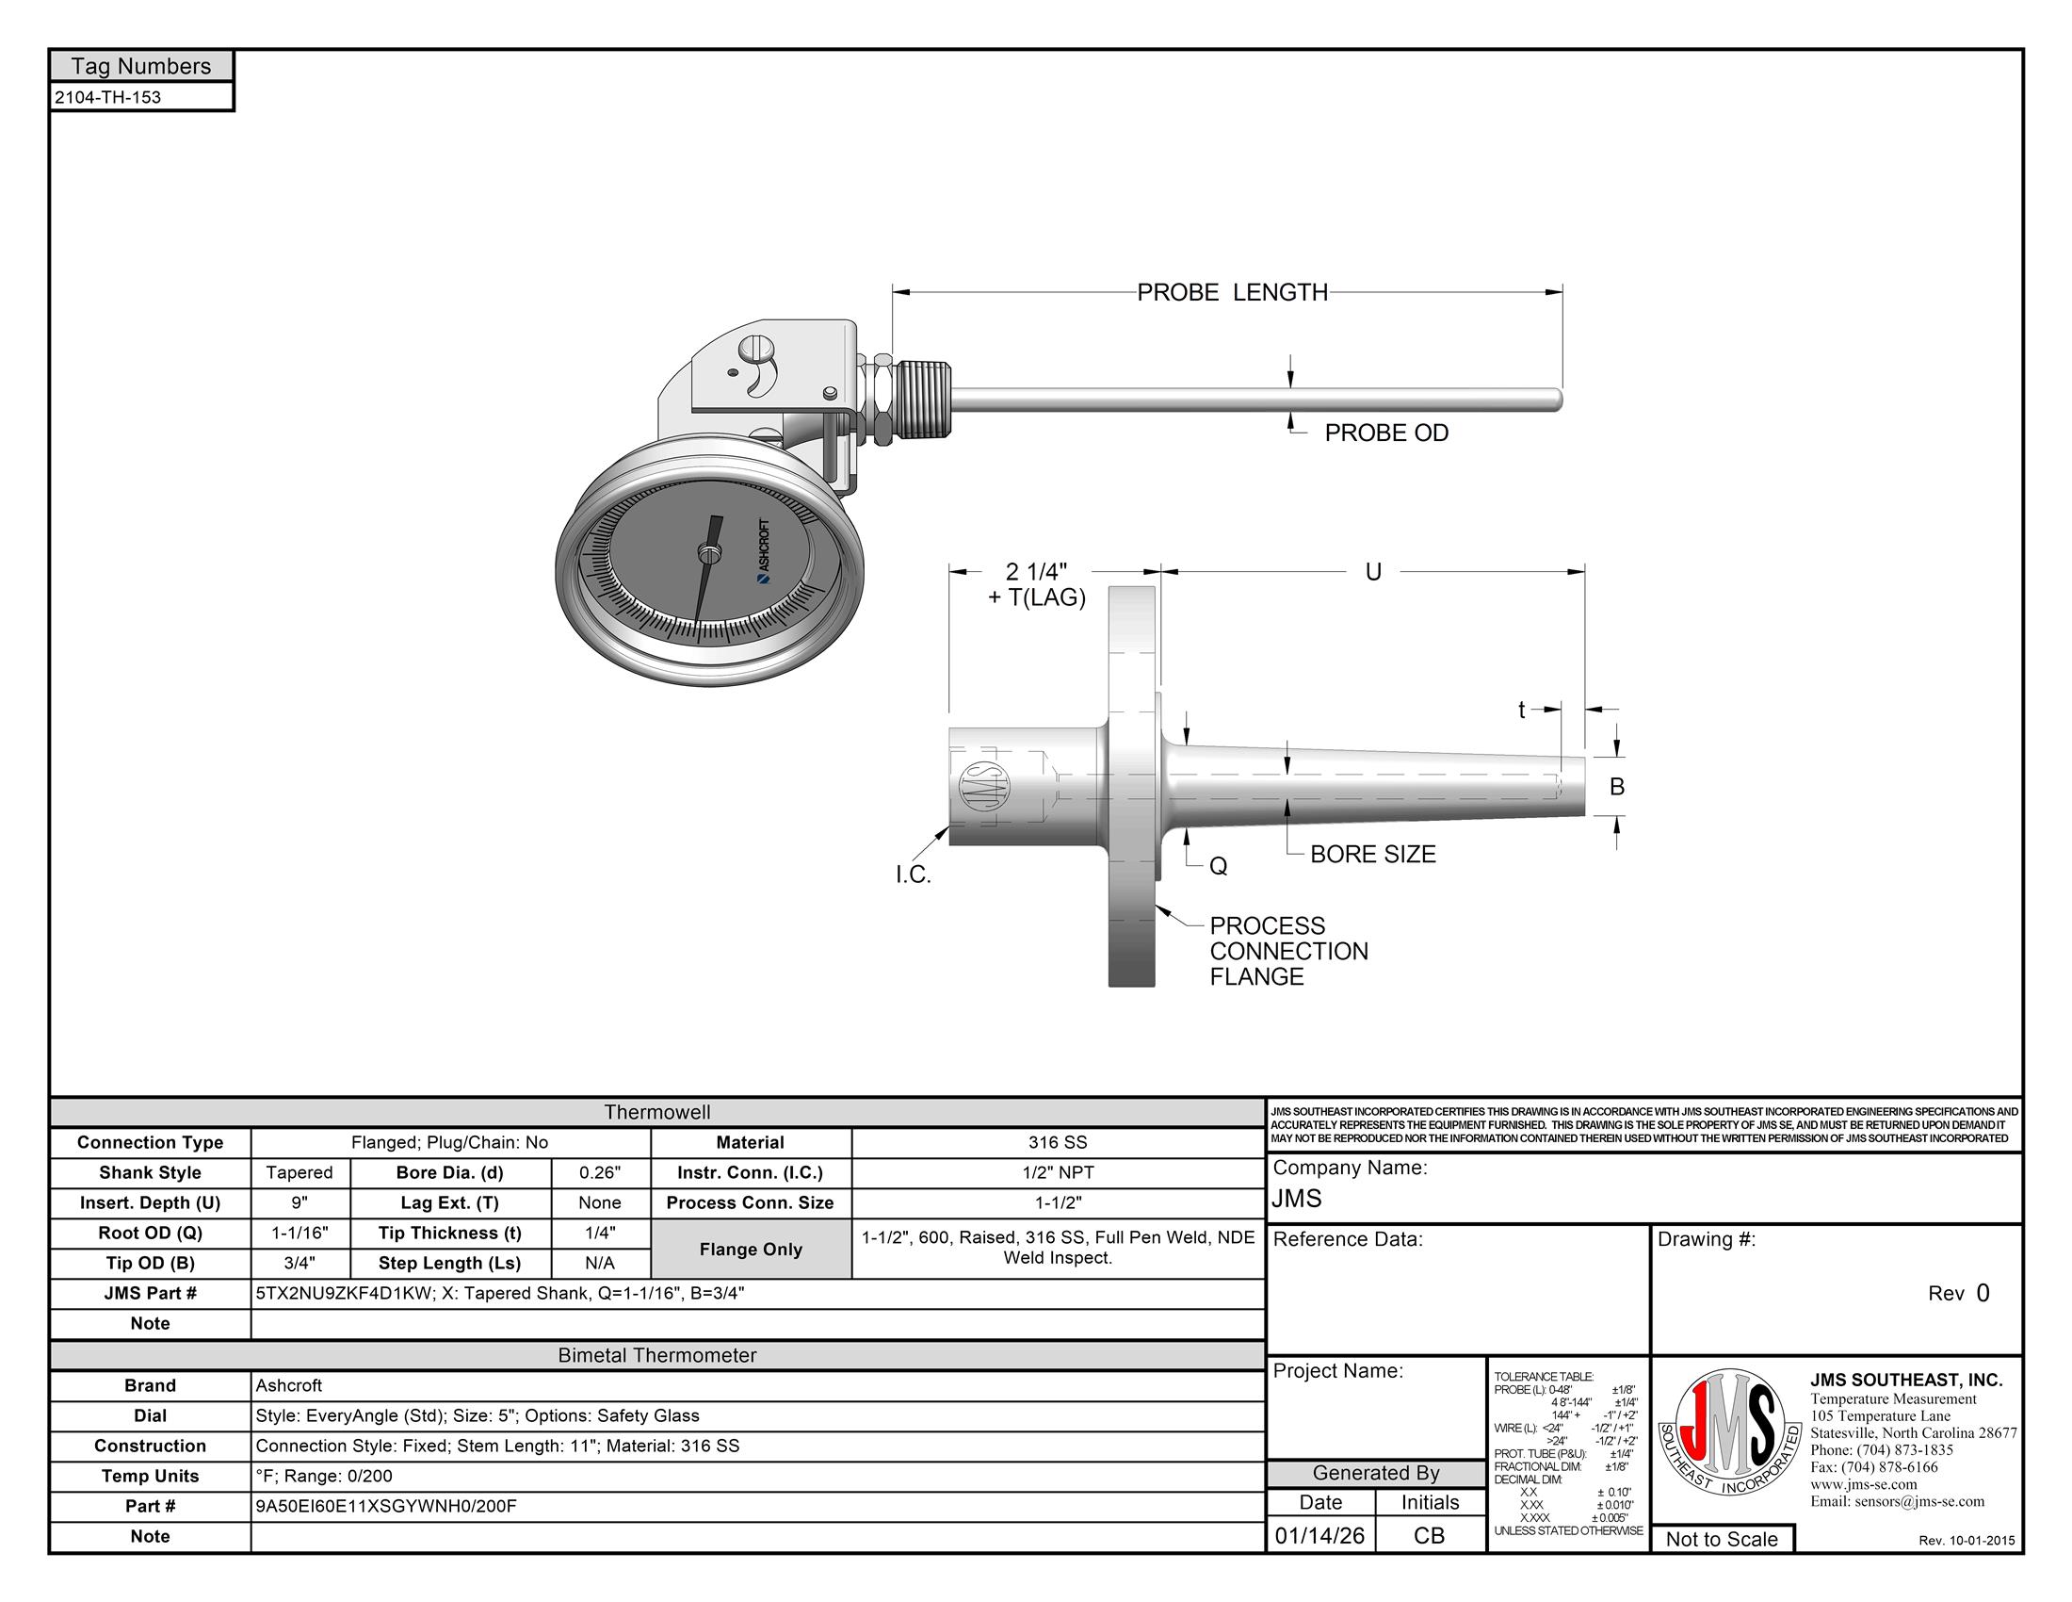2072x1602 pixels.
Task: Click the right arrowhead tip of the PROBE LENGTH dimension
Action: (x=1562, y=291)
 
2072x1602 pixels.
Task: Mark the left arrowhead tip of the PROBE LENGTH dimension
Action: (x=893, y=291)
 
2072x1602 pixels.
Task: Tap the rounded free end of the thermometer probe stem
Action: (x=1559, y=400)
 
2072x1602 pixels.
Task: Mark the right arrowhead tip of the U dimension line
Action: (x=1584, y=571)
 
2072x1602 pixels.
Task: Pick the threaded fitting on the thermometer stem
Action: (x=925, y=399)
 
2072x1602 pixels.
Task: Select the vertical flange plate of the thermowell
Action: (x=1132, y=787)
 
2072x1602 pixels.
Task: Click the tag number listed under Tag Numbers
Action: (x=107, y=97)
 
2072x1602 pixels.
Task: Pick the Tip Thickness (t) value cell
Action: (x=601, y=1233)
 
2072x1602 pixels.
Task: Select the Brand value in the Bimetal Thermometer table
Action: (x=288, y=1385)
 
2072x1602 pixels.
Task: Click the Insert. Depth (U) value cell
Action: (x=299, y=1202)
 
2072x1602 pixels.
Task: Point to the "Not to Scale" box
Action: (x=1722, y=1539)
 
